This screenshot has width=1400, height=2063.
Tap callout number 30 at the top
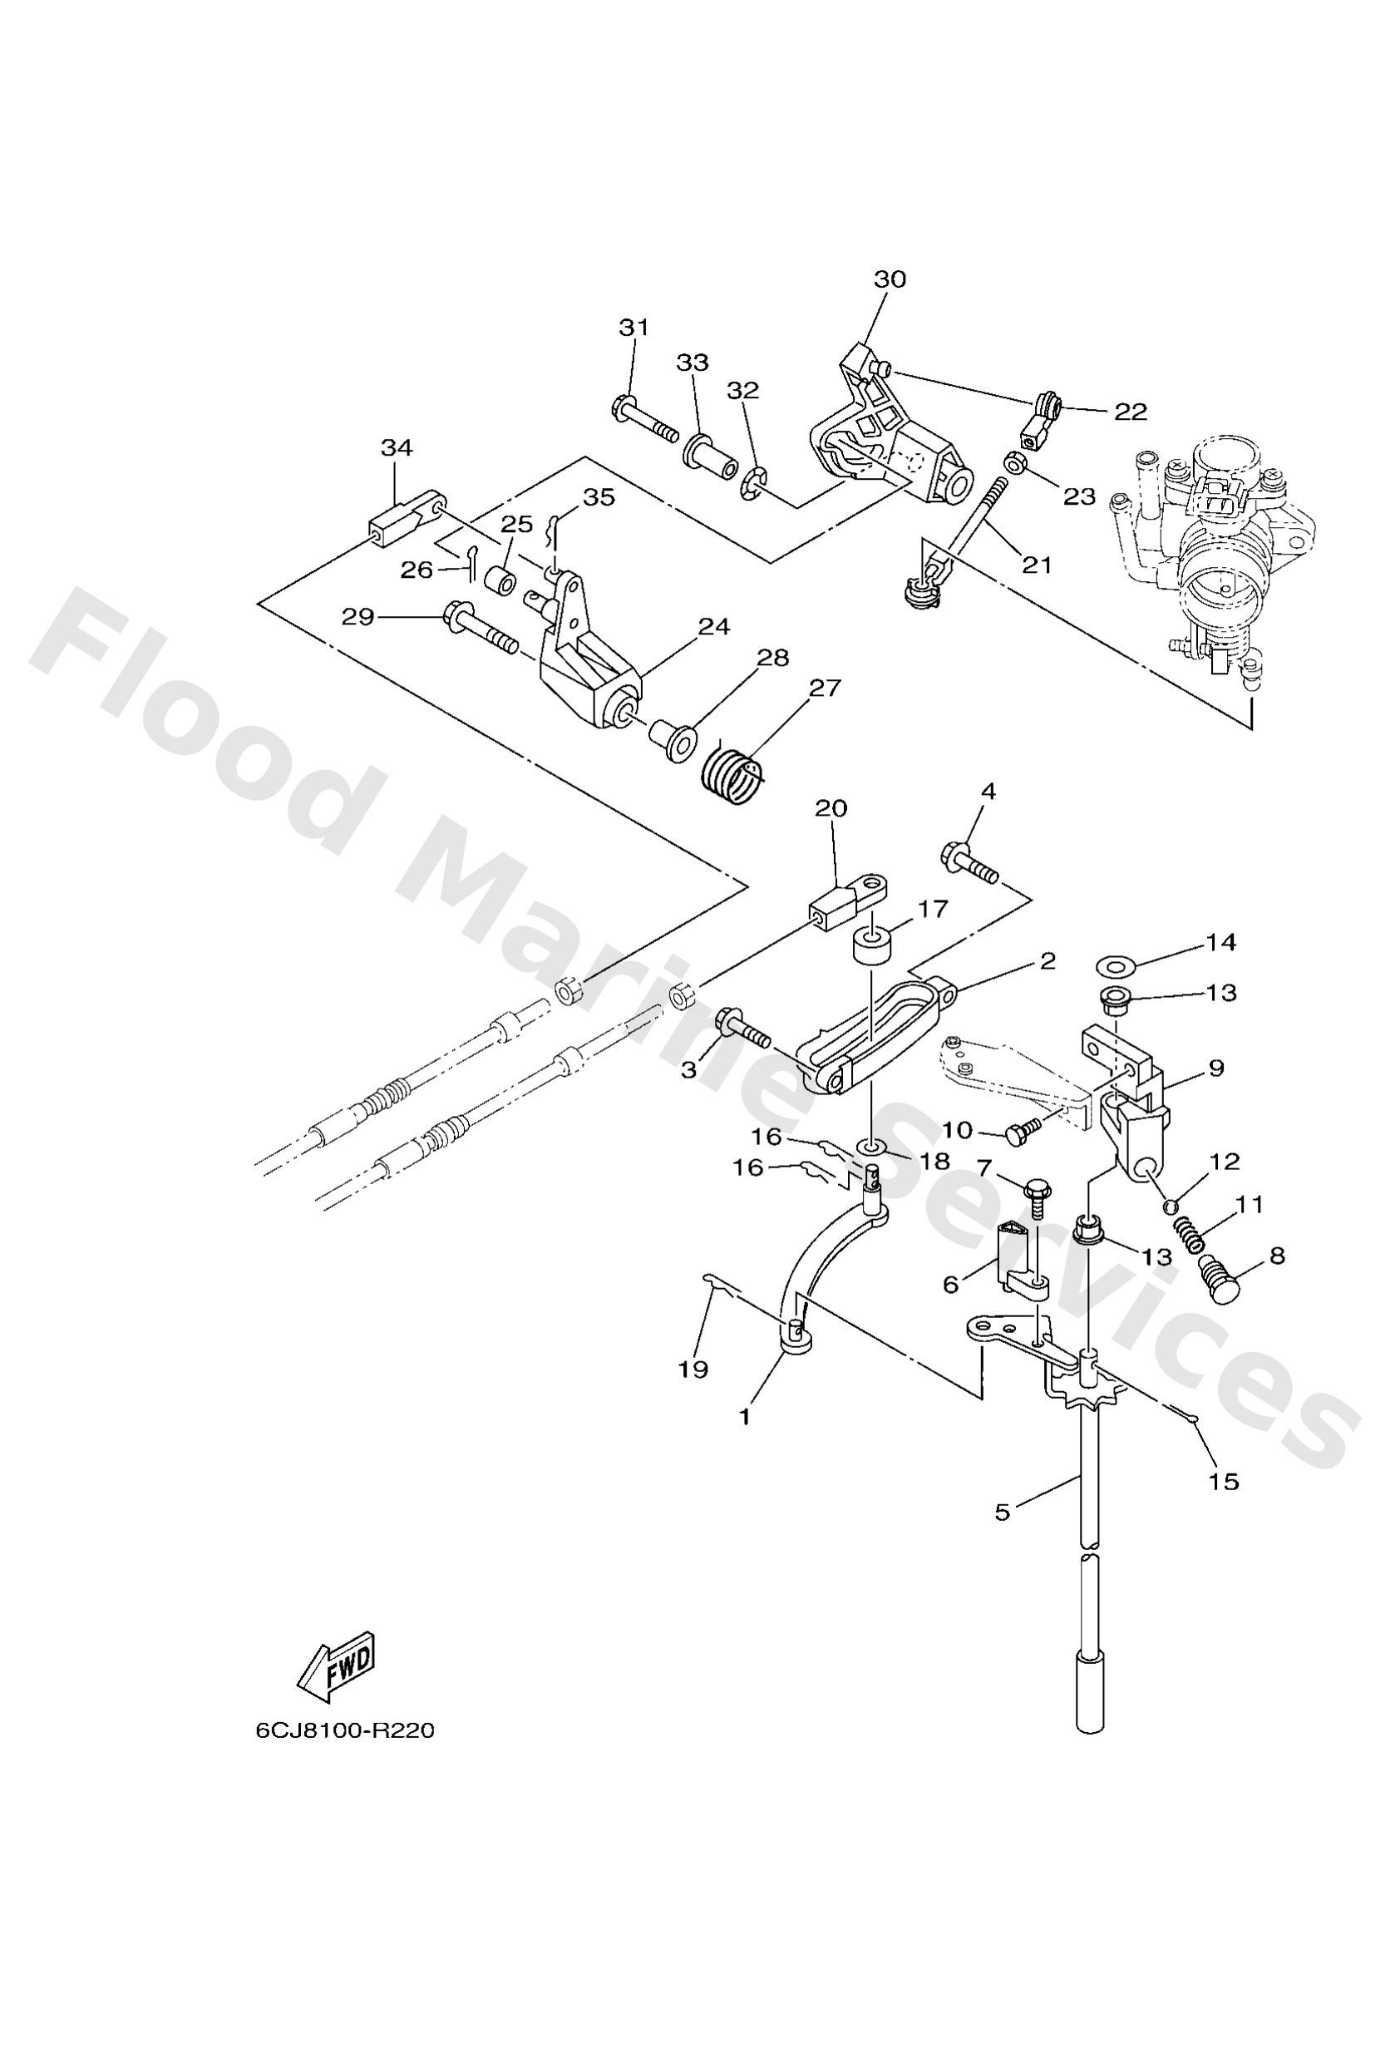[890, 279]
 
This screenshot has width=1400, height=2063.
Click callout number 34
[397, 449]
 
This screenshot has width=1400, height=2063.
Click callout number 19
[693, 1370]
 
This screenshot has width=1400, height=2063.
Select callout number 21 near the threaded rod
[1036, 564]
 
